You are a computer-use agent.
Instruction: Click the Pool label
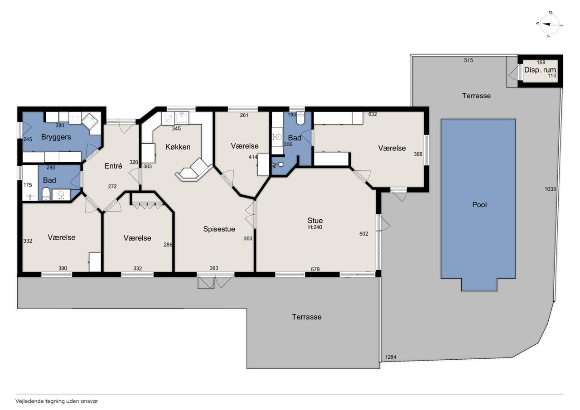[479, 205]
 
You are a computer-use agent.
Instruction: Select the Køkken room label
[178, 147]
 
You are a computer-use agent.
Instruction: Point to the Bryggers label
[56, 137]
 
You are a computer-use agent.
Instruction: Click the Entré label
[113, 166]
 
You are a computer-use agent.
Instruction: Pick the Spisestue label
[219, 229]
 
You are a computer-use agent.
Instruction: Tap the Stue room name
[315, 220]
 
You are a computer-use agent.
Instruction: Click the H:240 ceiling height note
[315, 227]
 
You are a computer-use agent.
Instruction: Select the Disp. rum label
[540, 70]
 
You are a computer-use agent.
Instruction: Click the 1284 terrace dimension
[391, 357]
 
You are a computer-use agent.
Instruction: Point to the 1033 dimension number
[550, 189]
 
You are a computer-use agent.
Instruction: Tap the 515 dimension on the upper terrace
[469, 60]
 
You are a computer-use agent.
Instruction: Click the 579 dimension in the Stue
[315, 269]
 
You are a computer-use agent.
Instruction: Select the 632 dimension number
[372, 114]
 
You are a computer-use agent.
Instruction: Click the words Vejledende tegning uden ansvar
[57, 401]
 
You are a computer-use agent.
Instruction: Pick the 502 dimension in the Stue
[364, 234]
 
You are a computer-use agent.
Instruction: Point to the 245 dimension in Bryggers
[28, 140]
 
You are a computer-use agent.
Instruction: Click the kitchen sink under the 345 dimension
[182, 118]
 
